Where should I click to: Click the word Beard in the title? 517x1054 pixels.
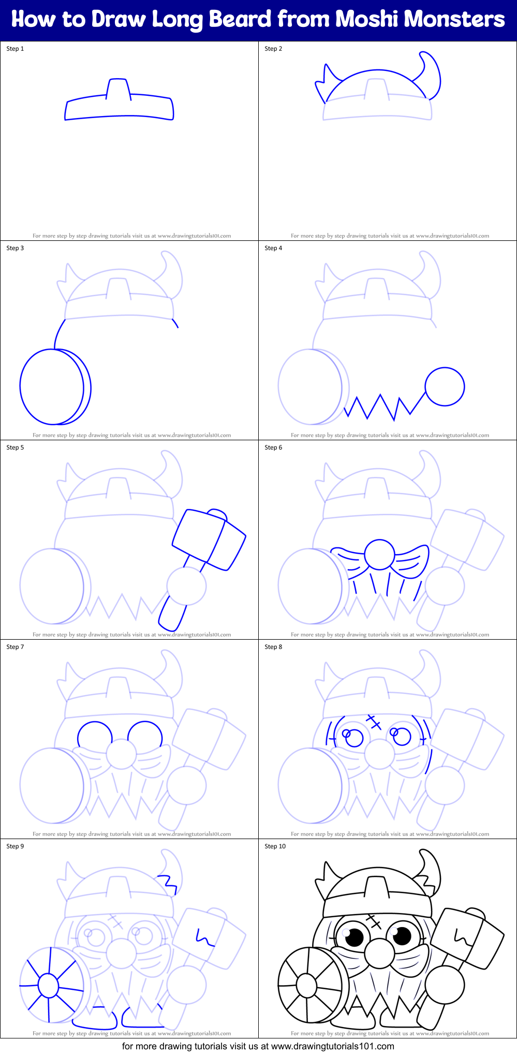tap(240, 19)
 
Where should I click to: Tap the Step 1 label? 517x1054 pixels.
tap(15, 49)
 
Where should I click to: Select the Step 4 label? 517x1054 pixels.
tap(273, 248)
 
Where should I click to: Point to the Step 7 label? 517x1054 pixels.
tap(15, 647)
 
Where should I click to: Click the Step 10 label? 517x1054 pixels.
tap(275, 846)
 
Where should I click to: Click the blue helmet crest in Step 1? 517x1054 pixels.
tap(119, 88)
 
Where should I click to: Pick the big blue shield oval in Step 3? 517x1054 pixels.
tap(52, 386)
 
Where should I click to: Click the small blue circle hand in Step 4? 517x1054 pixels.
tap(445, 386)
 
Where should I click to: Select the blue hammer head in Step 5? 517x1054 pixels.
tap(209, 539)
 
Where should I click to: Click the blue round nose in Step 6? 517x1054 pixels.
tap(380, 555)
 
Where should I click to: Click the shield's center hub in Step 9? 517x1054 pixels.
tap(49, 985)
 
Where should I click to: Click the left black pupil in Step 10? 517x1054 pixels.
tap(356, 936)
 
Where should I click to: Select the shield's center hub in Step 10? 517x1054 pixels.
tap(306, 985)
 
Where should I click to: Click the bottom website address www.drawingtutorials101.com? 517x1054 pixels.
tap(332, 1046)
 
